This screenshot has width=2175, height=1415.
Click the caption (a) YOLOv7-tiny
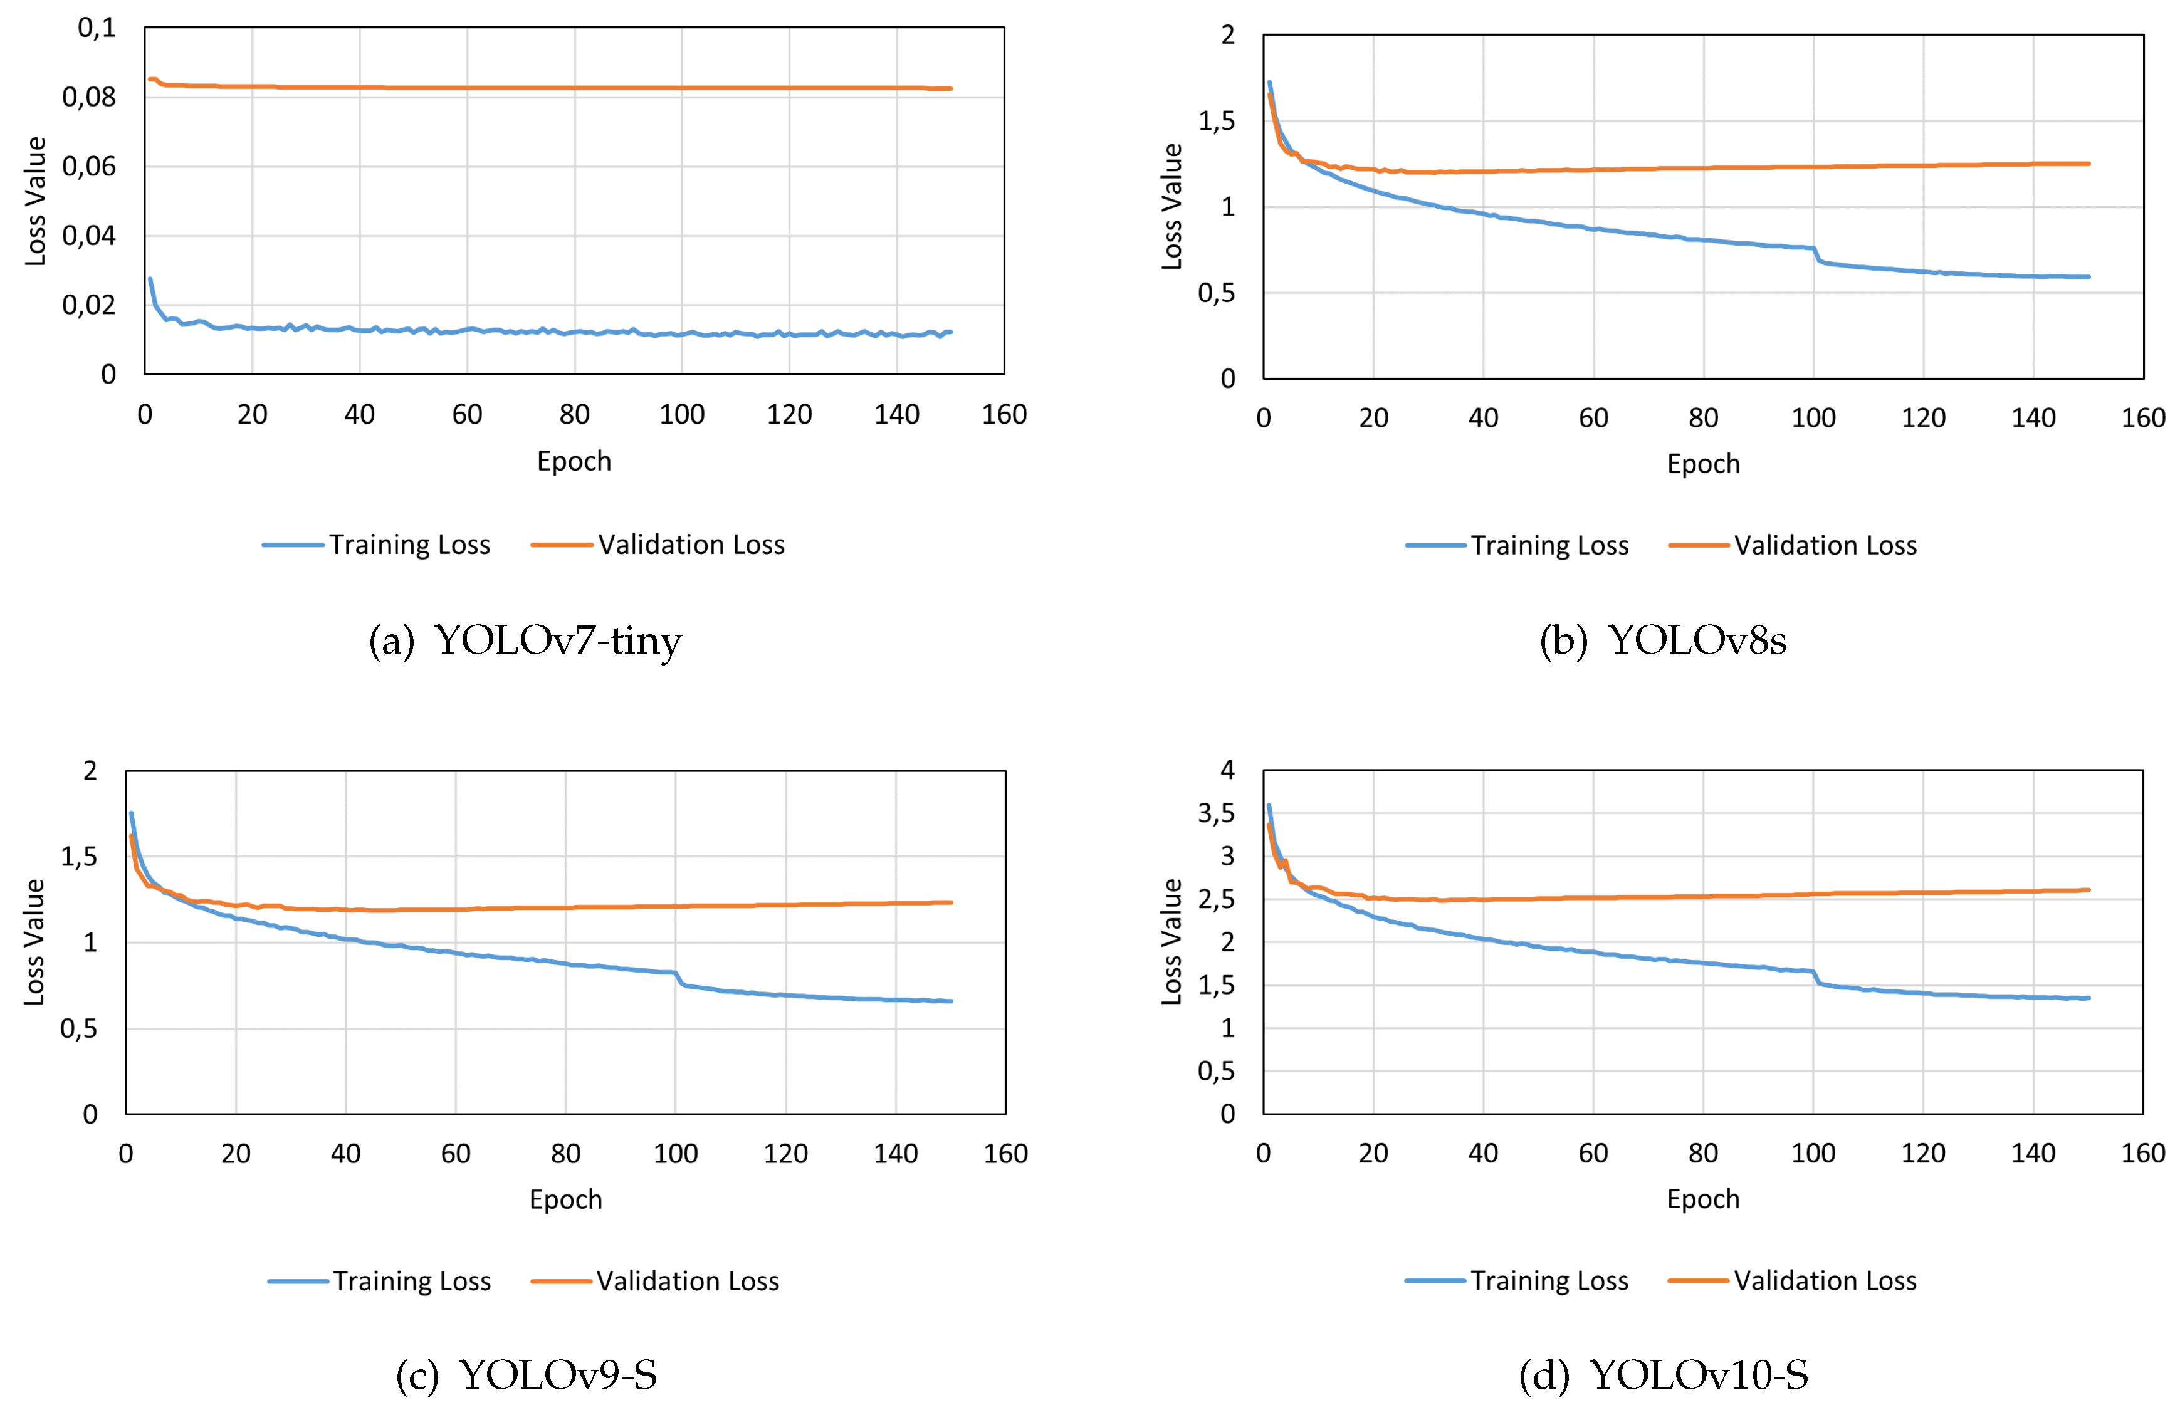click(x=525, y=640)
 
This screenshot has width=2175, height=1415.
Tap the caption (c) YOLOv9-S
click(x=527, y=1375)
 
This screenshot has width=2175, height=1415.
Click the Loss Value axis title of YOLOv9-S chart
click(x=34, y=942)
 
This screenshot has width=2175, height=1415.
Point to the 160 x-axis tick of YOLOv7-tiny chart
click(x=1004, y=415)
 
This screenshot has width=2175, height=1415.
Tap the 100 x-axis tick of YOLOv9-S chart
click(x=675, y=1154)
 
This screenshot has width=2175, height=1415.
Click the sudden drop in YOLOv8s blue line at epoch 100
click(x=1816, y=255)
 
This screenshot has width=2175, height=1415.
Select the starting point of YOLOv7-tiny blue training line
click(x=150, y=279)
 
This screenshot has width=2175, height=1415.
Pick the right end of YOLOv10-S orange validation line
click(x=2088, y=890)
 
